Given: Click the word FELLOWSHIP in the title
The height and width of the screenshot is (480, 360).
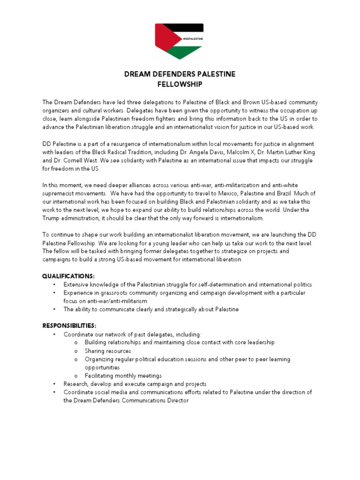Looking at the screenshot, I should (x=180, y=84).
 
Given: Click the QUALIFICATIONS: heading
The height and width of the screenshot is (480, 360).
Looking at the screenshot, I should (x=68, y=276).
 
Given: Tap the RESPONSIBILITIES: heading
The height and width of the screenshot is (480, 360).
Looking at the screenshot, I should (x=70, y=325).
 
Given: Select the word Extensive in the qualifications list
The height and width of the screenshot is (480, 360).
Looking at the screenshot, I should (x=76, y=285).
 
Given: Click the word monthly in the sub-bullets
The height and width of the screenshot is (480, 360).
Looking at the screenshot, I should (x=121, y=375).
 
